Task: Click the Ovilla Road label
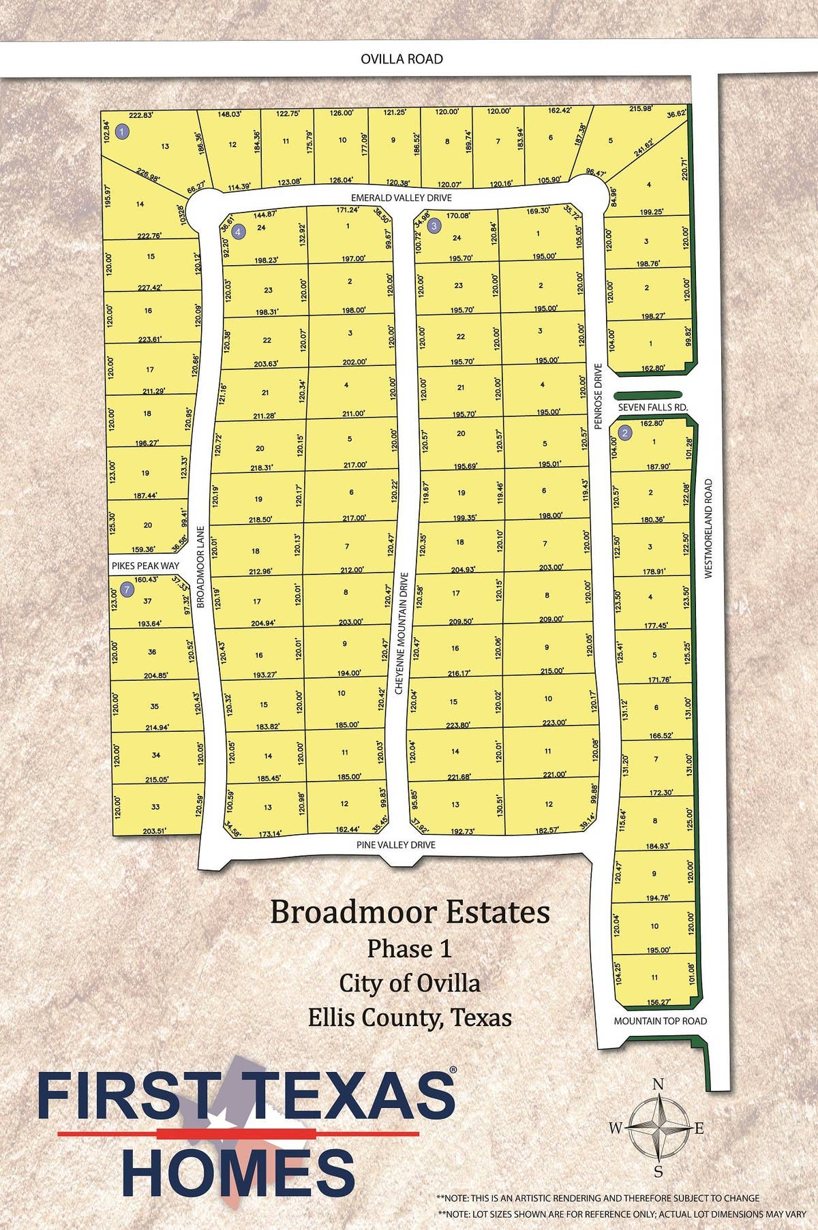[x=402, y=59]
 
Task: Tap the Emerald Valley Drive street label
[x=402, y=198]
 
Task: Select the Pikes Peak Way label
[x=146, y=566]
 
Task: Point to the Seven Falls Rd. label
[x=652, y=408]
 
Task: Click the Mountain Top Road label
[x=660, y=1021]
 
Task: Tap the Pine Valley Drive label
[x=395, y=845]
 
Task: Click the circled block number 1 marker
[x=122, y=132]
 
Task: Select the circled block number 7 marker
[x=126, y=589]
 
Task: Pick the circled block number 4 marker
[x=238, y=232]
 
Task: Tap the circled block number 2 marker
[x=624, y=433]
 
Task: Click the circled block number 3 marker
[x=434, y=226]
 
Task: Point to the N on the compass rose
[x=658, y=1084]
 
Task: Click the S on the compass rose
[x=658, y=1172]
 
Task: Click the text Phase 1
[x=409, y=949]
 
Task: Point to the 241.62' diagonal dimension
[x=643, y=147]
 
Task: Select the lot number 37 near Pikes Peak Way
[x=147, y=601]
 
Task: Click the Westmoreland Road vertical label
[x=708, y=529]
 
